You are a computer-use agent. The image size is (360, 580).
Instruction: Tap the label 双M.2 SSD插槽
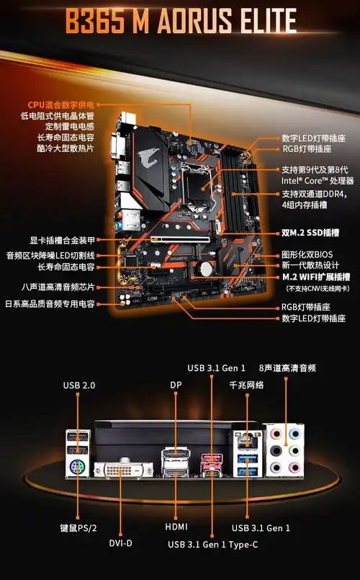(310, 233)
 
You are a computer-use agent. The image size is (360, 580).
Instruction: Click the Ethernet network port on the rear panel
(246, 440)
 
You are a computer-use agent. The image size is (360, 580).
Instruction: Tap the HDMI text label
(176, 527)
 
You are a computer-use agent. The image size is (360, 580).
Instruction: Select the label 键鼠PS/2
(78, 527)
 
